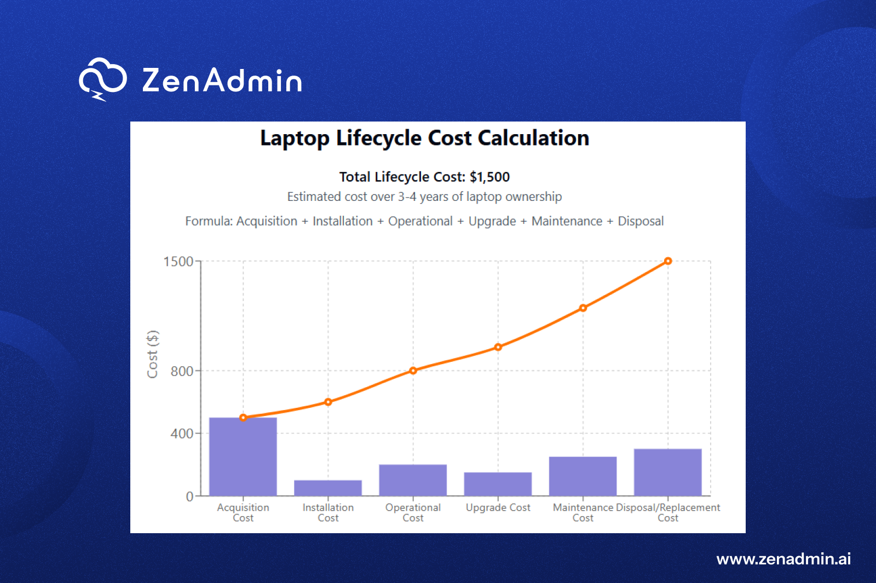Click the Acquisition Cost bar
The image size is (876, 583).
tap(243, 457)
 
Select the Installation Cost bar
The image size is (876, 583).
tap(328, 488)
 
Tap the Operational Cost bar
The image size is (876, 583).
tap(413, 480)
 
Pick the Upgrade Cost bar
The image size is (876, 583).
tap(498, 484)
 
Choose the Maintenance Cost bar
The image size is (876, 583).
tap(583, 476)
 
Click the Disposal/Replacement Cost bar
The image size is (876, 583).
tap(667, 472)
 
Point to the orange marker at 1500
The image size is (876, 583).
tap(668, 261)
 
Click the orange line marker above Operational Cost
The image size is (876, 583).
tap(413, 371)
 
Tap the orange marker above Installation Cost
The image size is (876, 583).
tap(328, 402)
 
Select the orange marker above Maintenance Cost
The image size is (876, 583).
tap(583, 308)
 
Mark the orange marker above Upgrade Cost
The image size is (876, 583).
tap(498, 347)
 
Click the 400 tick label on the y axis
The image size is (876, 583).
tap(182, 434)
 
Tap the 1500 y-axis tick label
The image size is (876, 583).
tap(178, 262)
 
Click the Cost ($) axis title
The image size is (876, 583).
tap(153, 354)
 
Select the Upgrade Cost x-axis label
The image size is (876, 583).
tap(498, 507)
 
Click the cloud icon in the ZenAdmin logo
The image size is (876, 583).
tap(102, 79)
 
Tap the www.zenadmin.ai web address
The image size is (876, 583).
tap(783, 559)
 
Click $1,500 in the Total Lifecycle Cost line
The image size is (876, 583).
tap(489, 177)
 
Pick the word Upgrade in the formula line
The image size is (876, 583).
tap(492, 221)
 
